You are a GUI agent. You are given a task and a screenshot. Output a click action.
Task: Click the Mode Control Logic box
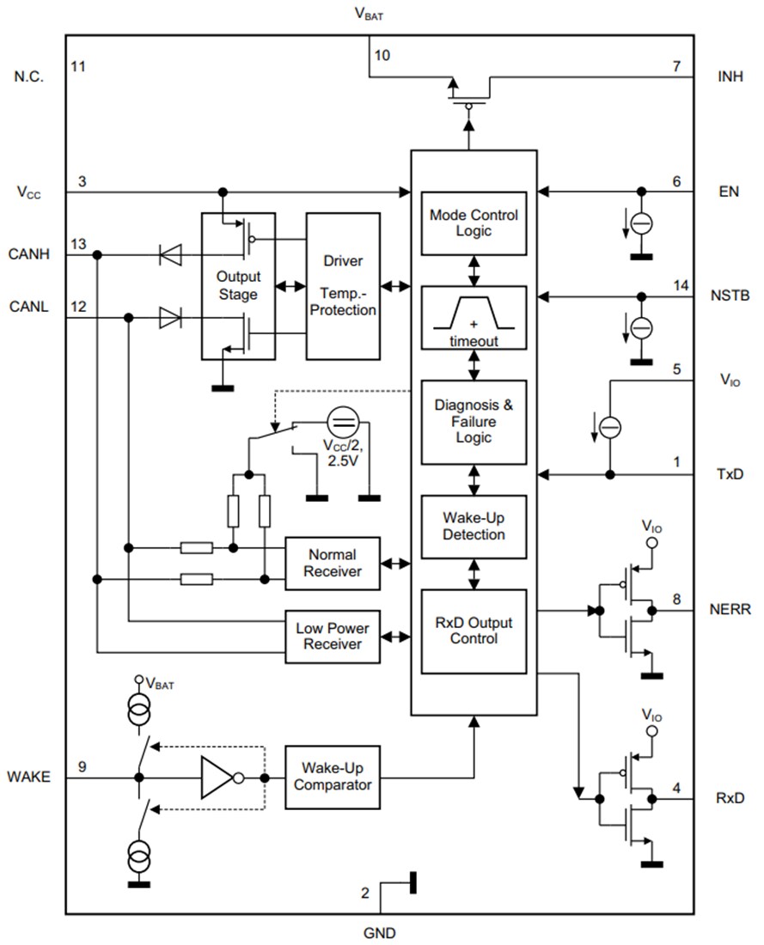click(474, 223)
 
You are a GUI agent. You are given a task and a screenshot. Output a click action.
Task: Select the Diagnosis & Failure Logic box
click(474, 422)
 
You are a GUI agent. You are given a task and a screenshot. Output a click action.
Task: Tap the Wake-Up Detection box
click(474, 527)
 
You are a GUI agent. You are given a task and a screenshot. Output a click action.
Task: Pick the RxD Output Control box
click(474, 631)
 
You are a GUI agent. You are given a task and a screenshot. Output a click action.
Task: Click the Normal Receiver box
click(332, 564)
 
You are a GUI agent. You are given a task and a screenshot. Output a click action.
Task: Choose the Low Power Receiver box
click(332, 637)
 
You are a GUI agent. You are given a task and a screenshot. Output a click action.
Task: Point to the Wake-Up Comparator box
click(332, 777)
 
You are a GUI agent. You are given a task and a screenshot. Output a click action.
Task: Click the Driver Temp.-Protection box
click(343, 285)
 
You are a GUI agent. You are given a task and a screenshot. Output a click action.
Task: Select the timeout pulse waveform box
click(474, 318)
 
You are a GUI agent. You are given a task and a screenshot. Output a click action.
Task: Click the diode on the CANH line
click(169, 254)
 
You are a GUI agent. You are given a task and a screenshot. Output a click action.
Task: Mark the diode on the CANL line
click(169, 318)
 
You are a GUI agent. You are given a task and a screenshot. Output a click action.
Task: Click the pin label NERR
click(730, 609)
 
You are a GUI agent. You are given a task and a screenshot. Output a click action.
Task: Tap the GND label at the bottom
click(380, 933)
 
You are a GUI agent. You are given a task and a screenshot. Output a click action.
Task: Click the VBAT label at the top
click(369, 14)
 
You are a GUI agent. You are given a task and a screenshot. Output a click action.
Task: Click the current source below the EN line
click(641, 224)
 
